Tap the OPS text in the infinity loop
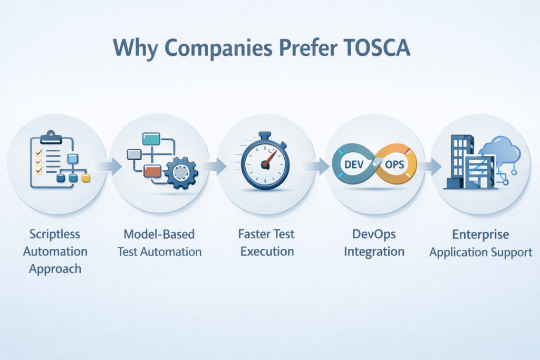[394, 164]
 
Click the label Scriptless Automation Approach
[55, 251]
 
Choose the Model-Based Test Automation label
[159, 242]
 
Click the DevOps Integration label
[374, 242]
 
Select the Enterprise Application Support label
[480, 242]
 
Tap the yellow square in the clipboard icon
[86, 178]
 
